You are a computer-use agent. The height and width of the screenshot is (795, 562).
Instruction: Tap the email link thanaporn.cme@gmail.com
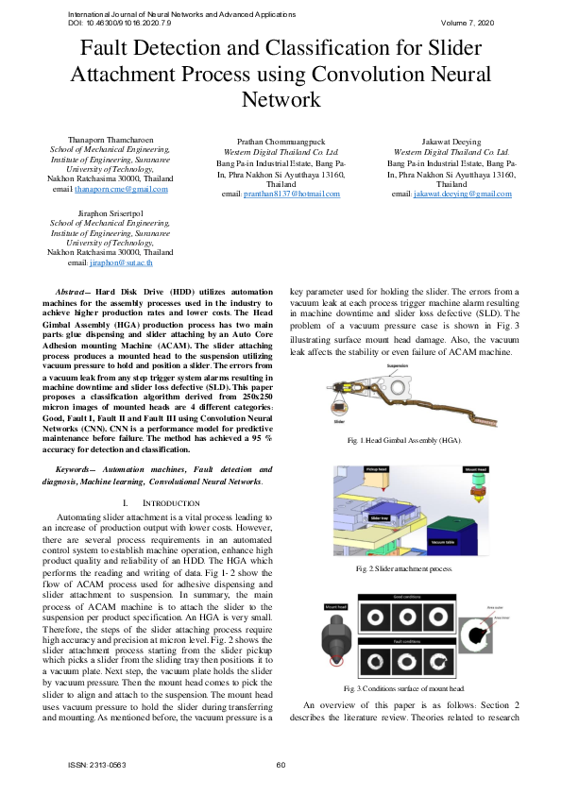click(122, 189)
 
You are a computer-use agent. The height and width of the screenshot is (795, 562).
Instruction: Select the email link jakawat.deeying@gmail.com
click(463, 194)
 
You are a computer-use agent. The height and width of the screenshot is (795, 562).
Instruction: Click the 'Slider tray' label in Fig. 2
click(379, 518)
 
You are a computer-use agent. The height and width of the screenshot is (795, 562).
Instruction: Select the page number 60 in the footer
click(281, 765)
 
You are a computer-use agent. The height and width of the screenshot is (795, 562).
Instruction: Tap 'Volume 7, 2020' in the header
click(468, 22)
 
